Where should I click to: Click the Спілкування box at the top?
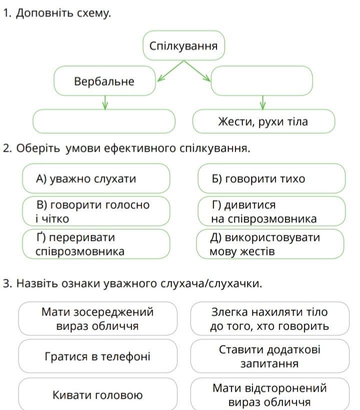click(x=183, y=46)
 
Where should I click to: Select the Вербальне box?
click(x=104, y=81)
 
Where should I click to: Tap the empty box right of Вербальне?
click(x=261, y=81)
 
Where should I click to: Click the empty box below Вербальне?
click(x=103, y=121)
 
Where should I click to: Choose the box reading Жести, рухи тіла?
click(x=263, y=121)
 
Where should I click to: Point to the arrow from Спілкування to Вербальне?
click(x=170, y=71)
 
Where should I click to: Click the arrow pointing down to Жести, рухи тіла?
click(x=263, y=103)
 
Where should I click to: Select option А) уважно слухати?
click(x=96, y=179)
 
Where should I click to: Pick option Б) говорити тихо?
click(x=271, y=179)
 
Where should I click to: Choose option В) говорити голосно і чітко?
click(x=96, y=211)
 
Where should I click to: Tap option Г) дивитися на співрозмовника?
click(x=271, y=211)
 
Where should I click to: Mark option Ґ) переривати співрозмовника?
click(x=96, y=244)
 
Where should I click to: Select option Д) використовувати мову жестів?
click(x=270, y=244)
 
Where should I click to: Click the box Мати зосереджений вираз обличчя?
click(x=97, y=319)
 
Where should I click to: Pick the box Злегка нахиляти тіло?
click(x=270, y=319)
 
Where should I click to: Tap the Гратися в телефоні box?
click(x=97, y=356)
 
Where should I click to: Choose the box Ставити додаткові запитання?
click(x=270, y=356)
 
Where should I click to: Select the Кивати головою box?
click(x=97, y=394)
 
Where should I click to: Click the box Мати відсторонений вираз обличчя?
click(x=270, y=394)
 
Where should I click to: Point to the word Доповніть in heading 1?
click(x=45, y=13)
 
